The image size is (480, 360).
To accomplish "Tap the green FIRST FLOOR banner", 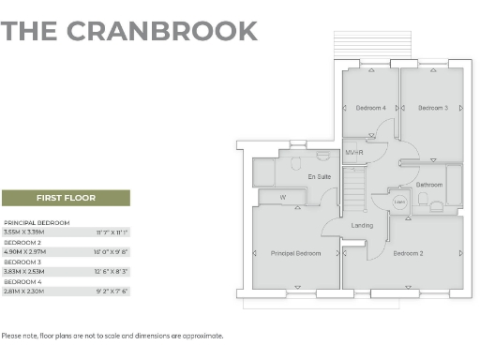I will click(x=66, y=198).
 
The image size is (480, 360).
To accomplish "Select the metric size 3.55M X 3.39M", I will click(x=24, y=231).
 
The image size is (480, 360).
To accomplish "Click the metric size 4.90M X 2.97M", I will click(x=24, y=251).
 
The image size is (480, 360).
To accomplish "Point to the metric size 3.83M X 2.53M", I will click(x=24, y=271).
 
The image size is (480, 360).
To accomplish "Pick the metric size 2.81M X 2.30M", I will click(x=24, y=291).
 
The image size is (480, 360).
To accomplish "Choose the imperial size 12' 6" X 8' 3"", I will click(x=112, y=271).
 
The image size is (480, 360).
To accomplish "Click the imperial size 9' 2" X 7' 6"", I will click(x=112, y=291).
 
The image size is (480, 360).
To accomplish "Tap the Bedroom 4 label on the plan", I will click(x=370, y=109).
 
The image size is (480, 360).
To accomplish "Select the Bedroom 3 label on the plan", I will click(x=432, y=109).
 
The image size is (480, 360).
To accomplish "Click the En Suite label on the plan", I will click(x=319, y=176).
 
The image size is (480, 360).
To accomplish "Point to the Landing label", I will click(x=362, y=225).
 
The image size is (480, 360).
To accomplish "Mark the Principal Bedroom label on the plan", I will click(x=295, y=254).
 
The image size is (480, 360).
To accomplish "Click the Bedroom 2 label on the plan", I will click(x=409, y=254).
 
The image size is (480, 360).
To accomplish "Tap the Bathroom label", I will click(x=429, y=185).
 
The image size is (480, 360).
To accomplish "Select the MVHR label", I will click(x=354, y=152).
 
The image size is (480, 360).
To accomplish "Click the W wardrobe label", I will click(x=282, y=197).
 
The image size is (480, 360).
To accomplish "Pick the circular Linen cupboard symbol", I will click(x=398, y=202).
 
